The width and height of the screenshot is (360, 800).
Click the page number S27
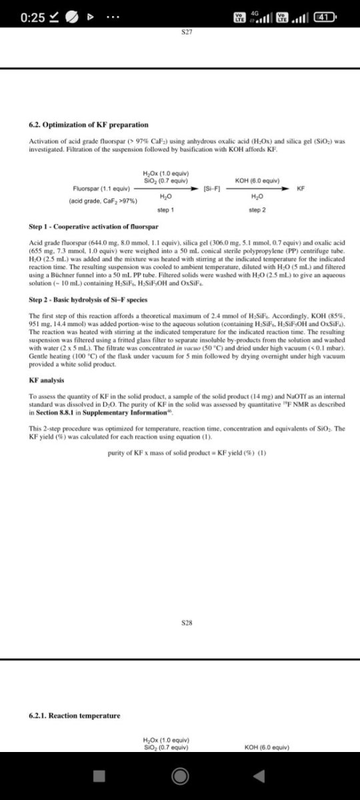[x=187, y=32]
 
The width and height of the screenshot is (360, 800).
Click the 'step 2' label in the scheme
[x=257, y=211]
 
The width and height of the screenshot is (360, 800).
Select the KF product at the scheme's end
[x=301, y=189]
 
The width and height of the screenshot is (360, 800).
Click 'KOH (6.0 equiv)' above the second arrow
[x=257, y=181]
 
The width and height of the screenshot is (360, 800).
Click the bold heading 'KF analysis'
[x=47, y=380]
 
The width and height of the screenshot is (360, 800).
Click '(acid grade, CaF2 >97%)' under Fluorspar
[x=103, y=201]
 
